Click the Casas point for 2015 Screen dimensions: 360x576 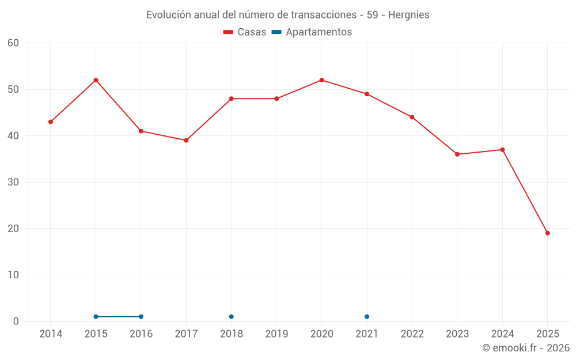tap(96, 80)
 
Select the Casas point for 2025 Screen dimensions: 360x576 tap(547, 233)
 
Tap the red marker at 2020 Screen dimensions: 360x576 tap(321, 80)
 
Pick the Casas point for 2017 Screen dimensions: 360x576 tap(186, 141)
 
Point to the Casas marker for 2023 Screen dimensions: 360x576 tap(457, 154)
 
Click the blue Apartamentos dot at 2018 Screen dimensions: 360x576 tap(231, 317)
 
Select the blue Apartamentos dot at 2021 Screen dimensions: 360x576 tap(367, 317)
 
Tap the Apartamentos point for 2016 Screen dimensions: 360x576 tap(141, 317)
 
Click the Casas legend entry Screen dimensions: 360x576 tap(245, 32)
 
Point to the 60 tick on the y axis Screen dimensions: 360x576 tap(13, 43)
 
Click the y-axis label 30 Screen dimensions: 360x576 tap(13, 182)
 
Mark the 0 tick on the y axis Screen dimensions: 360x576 tap(16, 321)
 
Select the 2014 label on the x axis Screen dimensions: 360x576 tap(51, 334)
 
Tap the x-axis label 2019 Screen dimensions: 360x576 tap(276, 334)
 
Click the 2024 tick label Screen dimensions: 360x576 tap(502, 334)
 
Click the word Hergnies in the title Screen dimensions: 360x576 tap(408, 15)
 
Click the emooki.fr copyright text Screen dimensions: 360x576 tap(526, 348)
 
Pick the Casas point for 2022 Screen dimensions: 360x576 tap(412, 117)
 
